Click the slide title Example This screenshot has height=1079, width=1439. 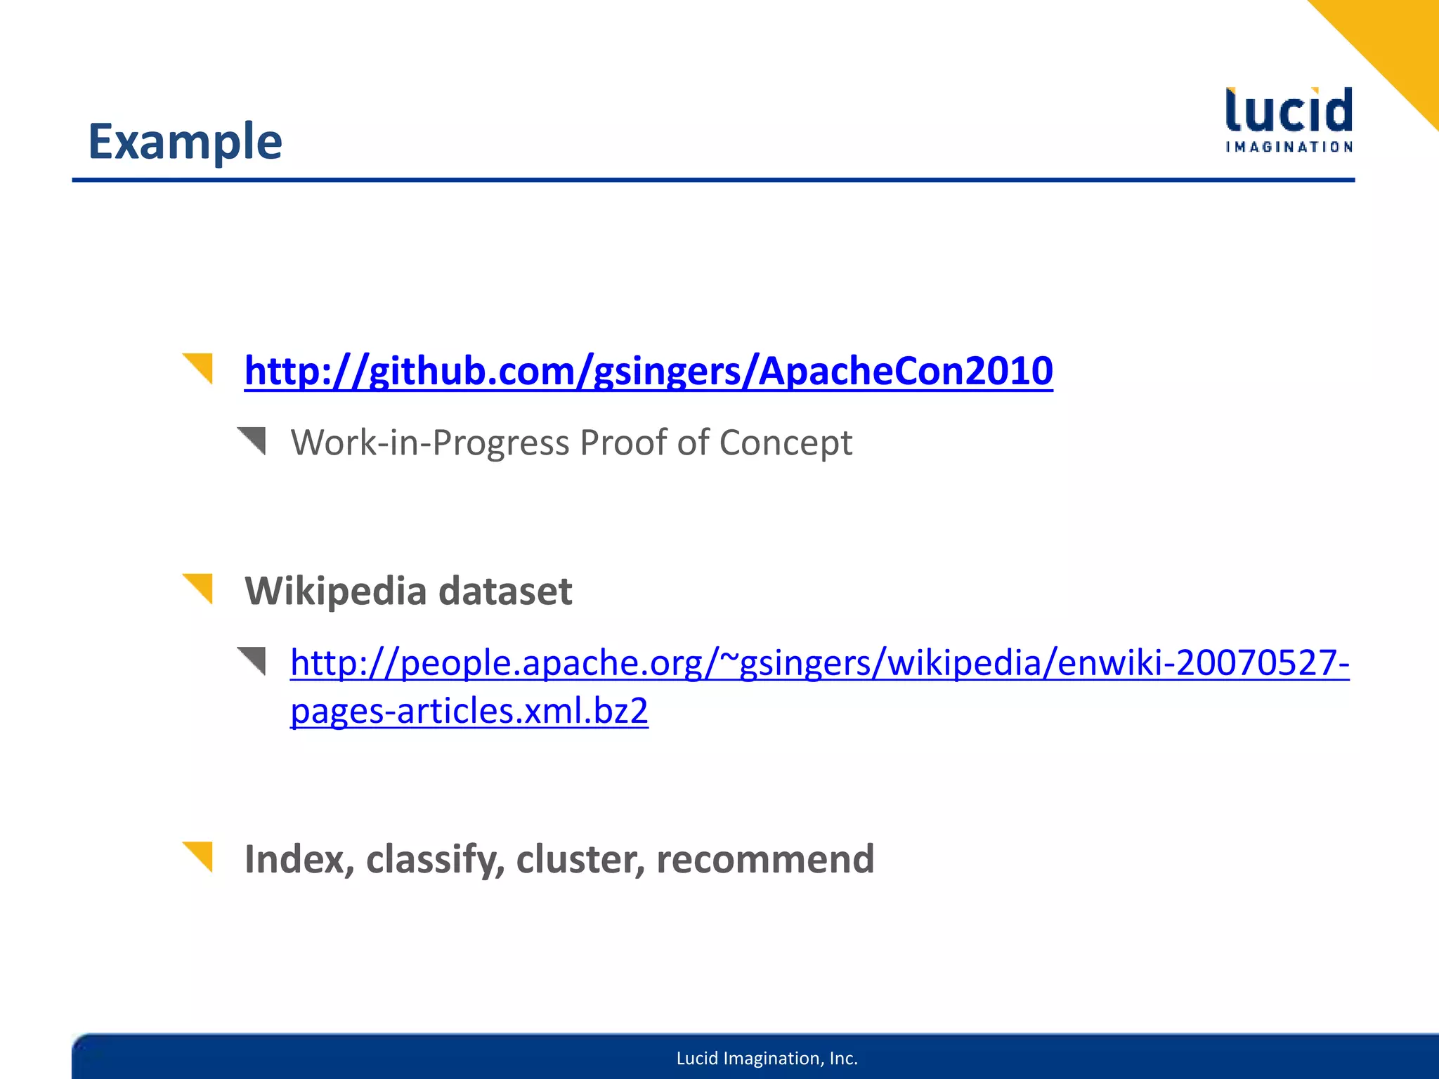185,142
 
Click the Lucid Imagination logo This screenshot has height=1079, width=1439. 1289,118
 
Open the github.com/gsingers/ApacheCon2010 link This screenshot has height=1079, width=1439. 648,371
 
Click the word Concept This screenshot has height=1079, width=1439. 785,443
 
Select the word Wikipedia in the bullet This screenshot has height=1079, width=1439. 335,591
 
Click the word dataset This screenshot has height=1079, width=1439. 505,591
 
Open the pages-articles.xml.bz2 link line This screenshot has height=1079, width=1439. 469,711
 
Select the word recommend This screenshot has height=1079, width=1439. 765,859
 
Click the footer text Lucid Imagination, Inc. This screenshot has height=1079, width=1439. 767,1058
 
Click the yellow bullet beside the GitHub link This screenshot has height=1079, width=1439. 200,367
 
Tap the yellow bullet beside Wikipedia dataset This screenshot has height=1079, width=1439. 200,587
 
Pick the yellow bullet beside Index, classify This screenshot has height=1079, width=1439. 200,855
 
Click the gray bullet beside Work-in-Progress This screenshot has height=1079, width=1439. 254,440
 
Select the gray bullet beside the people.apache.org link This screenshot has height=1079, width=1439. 254,660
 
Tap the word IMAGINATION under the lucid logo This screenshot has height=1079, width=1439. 1289,147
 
